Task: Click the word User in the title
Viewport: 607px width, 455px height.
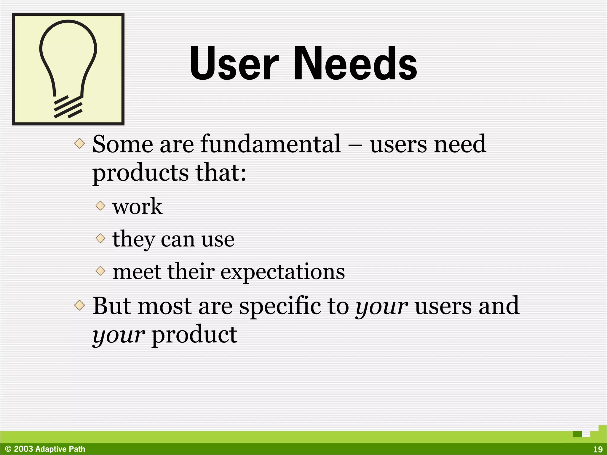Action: [234, 63]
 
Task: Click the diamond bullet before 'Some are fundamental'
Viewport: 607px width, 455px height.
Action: [79, 144]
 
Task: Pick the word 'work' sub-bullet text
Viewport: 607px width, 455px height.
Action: [137, 206]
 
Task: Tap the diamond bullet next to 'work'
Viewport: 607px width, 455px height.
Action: [101, 205]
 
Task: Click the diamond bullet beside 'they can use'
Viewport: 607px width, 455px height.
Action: [101, 238]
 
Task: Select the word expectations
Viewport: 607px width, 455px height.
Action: [283, 272]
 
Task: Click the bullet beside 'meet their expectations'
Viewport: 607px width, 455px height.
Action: [101, 270]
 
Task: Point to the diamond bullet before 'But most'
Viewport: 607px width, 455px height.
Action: [79, 305]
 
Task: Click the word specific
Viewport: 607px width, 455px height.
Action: [280, 306]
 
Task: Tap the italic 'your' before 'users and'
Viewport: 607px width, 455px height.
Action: [382, 307]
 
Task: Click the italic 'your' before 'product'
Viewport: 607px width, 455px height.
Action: [119, 335]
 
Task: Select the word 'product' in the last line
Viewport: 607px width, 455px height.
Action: [194, 335]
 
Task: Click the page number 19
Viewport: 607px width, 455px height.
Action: [598, 449]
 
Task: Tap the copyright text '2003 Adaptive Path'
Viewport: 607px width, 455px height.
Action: [49, 449]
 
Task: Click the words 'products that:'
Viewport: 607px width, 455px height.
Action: [169, 173]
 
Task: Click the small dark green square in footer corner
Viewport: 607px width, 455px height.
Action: [577, 434]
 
